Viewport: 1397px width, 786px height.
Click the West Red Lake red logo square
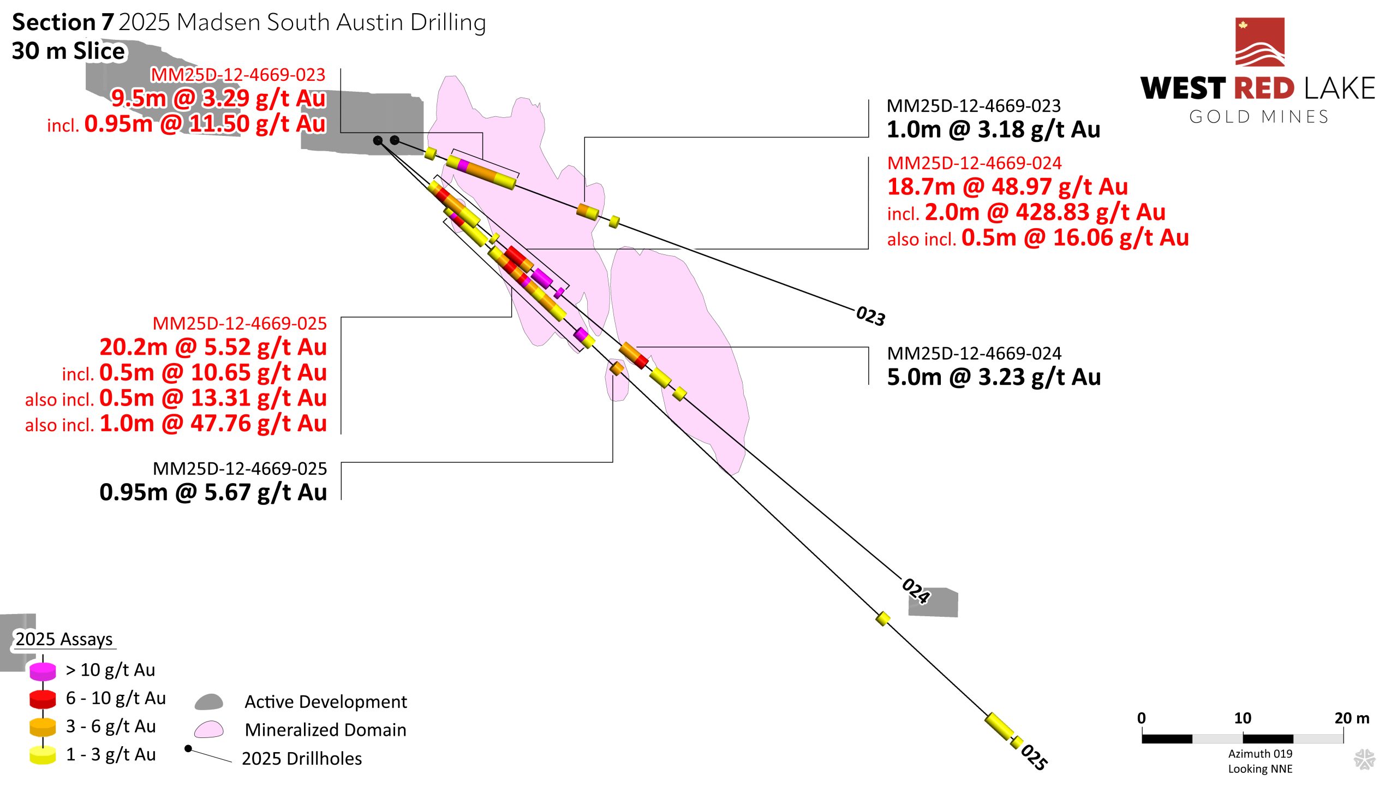pos(1259,42)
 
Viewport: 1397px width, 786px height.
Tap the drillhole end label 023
pos(870,316)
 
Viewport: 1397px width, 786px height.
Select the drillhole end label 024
pos(916,591)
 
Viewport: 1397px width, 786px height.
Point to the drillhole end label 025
pos(1034,757)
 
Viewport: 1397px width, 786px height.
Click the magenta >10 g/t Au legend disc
pos(43,671)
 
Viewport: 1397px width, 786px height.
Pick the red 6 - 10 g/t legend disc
pos(43,699)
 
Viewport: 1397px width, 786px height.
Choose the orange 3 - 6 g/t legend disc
pos(43,727)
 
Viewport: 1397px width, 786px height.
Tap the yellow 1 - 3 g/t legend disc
pos(43,755)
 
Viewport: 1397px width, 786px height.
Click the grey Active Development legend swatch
pos(209,702)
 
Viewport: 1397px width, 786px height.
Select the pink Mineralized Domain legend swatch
pos(209,730)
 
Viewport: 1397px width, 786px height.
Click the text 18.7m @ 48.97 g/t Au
pos(1007,187)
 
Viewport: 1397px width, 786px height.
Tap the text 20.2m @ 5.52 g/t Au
pos(213,347)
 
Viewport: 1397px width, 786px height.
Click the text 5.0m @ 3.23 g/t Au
pos(994,377)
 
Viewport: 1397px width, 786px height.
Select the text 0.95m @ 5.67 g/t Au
pos(213,492)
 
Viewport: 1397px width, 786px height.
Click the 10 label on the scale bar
pos(1243,718)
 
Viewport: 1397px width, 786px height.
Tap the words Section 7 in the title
pos(63,22)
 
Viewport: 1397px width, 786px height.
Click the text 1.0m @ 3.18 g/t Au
pos(993,129)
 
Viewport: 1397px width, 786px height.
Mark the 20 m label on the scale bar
pos(1352,718)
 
